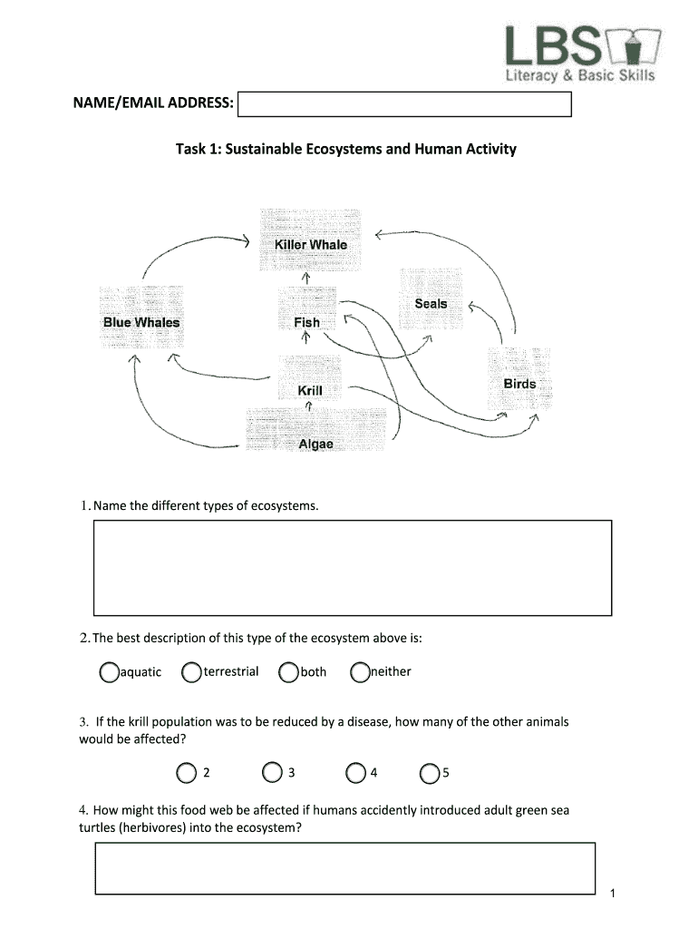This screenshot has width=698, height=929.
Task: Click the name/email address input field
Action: [404, 105]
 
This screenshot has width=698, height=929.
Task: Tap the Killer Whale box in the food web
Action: [310, 244]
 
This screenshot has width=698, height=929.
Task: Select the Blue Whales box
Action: [141, 322]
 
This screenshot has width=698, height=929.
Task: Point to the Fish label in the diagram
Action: [307, 322]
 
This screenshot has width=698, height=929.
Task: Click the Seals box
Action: [431, 304]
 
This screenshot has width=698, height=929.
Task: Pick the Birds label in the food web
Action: [519, 384]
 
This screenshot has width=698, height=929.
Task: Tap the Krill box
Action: [310, 390]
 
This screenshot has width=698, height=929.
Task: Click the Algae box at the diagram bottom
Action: [315, 444]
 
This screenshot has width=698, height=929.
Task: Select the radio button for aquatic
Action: [110, 672]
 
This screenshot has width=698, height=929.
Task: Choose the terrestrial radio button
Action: [191, 672]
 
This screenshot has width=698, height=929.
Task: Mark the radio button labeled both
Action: [289, 672]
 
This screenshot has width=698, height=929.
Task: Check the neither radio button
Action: [360, 672]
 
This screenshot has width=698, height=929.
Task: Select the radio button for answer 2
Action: [186, 773]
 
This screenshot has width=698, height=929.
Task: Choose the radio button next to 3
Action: [272, 773]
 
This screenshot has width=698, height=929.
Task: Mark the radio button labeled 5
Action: [430, 773]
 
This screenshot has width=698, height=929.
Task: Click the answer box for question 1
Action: [353, 567]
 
